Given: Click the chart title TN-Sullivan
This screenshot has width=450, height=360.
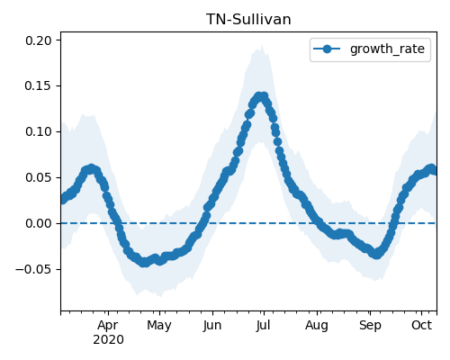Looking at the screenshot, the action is [x=248, y=20].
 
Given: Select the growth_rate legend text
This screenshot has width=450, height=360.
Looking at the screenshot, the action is [x=387, y=49].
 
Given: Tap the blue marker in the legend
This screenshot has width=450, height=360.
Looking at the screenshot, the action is [x=327, y=49].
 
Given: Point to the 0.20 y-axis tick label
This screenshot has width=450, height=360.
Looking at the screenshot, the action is [x=39, y=40].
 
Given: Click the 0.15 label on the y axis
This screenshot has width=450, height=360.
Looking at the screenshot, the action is [x=39, y=86].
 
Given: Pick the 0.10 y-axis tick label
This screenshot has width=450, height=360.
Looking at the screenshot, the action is [x=39, y=131].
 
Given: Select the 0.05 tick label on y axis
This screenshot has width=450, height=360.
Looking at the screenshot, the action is [x=39, y=177].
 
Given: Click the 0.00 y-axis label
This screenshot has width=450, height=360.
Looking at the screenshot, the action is [x=39, y=223].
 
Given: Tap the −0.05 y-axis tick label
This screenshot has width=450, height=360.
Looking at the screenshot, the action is [x=34, y=269].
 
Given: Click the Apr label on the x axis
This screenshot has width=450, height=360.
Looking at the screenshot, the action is [x=108, y=326].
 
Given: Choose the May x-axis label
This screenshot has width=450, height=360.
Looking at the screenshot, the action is [x=159, y=326].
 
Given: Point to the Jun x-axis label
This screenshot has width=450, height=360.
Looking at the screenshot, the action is [x=212, y=326].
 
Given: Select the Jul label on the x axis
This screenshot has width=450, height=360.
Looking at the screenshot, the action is [x=263, y=326].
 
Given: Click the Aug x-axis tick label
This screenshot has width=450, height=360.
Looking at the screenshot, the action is [x=317, y=326].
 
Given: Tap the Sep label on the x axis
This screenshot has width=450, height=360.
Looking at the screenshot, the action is [x=370, y=326].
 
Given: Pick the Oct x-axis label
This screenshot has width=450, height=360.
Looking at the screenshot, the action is [x=421, y=325].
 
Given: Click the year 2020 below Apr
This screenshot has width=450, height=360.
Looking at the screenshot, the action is [x=108, y=340].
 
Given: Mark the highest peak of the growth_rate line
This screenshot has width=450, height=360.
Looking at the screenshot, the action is [x=261, y=97].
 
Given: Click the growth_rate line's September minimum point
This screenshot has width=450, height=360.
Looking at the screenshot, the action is [x=376, y=255].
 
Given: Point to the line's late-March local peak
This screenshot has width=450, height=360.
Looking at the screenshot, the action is [x=91, y=169].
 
